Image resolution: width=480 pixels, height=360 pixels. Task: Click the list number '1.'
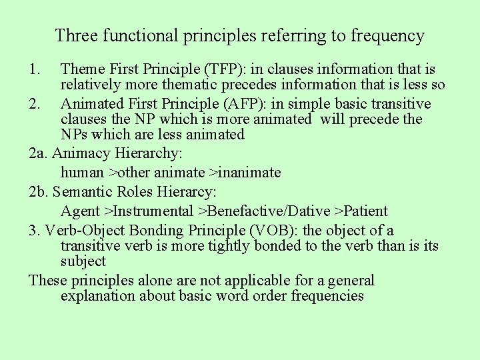coord(36,69)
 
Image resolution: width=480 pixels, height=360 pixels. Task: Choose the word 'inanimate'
coord(249,173)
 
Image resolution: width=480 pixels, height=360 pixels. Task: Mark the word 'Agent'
coord(80,211)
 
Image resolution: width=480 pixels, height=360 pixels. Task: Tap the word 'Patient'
coord(365,211)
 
